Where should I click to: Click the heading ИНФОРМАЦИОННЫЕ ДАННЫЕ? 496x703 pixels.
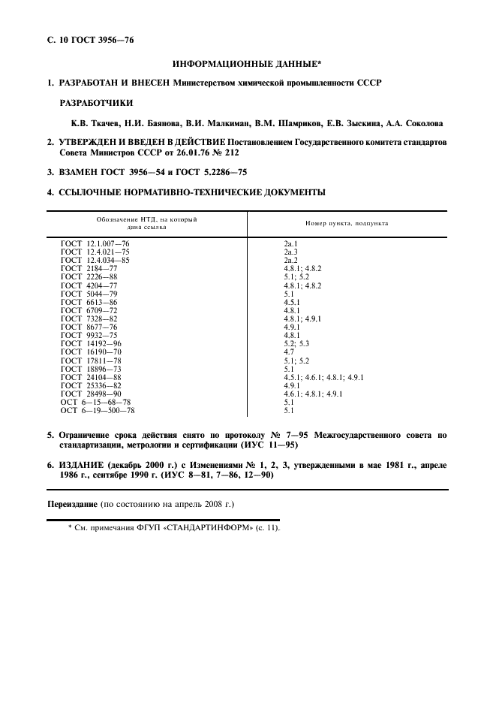[x=248, y=66]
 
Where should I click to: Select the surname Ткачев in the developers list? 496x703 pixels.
[x=95, y=122]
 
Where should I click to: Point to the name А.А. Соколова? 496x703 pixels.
[x=416, y=122]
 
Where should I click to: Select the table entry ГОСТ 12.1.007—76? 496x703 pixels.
[x=95, y=244]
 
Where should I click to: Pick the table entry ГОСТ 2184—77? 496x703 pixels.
[x=89, y=267]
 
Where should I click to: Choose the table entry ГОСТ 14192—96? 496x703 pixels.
[x=92, y=342]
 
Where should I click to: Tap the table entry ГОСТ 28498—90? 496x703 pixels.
[x=92, y=394]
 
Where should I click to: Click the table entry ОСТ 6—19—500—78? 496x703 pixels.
[x=98, y=410]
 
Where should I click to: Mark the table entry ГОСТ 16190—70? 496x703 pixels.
[x=92, y=351]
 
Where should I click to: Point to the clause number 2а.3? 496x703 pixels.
[x=291, y=252]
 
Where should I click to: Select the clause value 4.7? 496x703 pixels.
[x=288, y=351]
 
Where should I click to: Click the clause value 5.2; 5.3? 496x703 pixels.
[x=296, y=342]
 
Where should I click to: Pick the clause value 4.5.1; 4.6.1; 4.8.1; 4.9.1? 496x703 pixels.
[x=323, y=377]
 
